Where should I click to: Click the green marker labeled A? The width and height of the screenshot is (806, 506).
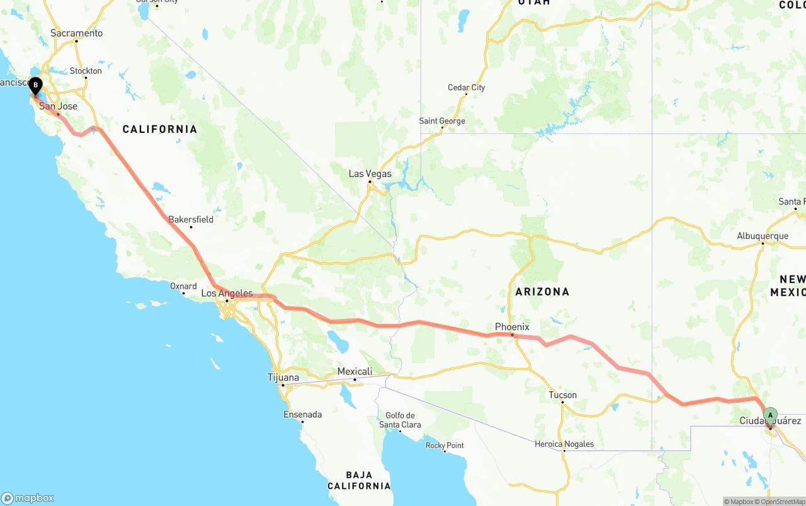[x=769, y=415]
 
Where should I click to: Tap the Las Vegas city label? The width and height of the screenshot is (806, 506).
[x=370, y=174]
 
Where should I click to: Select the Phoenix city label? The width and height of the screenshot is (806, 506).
[x=512, y=327]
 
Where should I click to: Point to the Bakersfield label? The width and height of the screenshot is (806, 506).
[x=191, y=219]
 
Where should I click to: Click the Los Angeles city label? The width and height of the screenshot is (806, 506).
[x=227, y=294]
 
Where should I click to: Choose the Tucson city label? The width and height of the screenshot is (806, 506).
[x=562, y=395]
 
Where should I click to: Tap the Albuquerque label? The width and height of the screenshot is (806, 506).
[x=763, y=236]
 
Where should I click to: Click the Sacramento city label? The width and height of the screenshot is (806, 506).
[x=76, y=33]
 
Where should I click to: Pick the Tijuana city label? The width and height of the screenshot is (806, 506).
[x=283, y=377]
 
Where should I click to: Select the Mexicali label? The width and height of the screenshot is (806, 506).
[x=355, y=372]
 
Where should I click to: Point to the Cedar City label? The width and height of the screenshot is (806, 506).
[x=466, y=88]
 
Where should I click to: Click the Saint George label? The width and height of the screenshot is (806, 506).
[x=442, y=121]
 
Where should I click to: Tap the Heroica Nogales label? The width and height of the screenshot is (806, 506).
[x=564, y=444]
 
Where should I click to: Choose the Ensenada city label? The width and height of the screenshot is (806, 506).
[x=303, y=415]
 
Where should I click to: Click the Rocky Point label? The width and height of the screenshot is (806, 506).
[x=445, y=446]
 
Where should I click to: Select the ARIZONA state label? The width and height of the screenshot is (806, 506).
[x=542, y=292]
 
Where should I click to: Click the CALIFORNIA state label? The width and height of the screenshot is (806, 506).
[x=159, y=129]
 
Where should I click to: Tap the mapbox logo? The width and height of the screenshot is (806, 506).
[x=28, y=498]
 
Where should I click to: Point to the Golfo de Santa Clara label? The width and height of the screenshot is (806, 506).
[x=399, y=420]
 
